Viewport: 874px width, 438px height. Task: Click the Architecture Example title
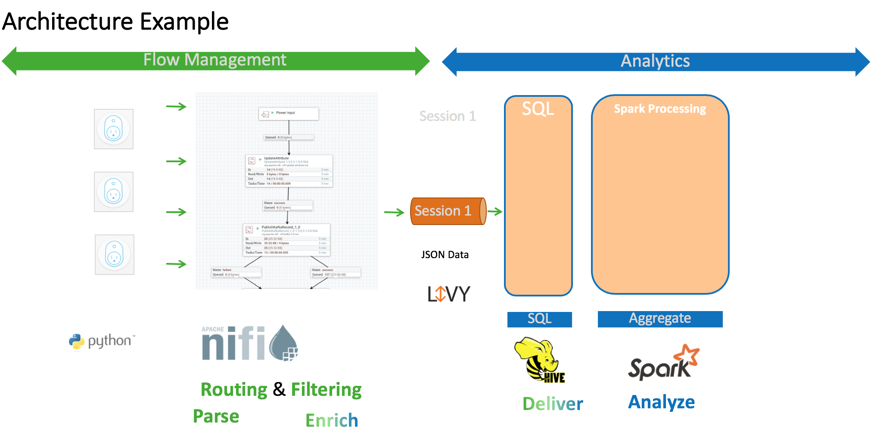(x=115, y=22)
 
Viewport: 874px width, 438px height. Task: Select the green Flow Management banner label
(x=215, y=60)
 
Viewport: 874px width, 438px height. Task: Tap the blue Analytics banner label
(x=655, y=61)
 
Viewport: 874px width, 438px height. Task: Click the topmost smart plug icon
(x=114, y=129)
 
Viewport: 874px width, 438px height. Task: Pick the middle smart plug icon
(x=114, y=192)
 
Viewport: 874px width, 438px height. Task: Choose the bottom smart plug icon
(x=115, y=255)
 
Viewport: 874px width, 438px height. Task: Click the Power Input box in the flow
(x=288, y=114)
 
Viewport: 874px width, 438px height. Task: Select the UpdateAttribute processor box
(x=289, y=171)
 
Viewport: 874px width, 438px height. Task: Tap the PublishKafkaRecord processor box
(x=286, y=240)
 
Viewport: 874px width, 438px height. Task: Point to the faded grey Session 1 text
(x=448, y=116)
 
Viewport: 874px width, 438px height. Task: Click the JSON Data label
(x=445, y=255)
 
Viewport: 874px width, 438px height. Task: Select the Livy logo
(x=448, y=294)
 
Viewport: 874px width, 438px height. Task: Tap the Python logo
(x=102, y=342)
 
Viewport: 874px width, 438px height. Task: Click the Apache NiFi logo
(x=249, y=343)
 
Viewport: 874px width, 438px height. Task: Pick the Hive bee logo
(x=539, y=360)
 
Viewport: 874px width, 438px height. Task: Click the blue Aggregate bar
(x=660, y=319)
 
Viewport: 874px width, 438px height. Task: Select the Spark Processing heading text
(x=659, y=109)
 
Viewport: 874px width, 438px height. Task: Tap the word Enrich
(x=332, y=420)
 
